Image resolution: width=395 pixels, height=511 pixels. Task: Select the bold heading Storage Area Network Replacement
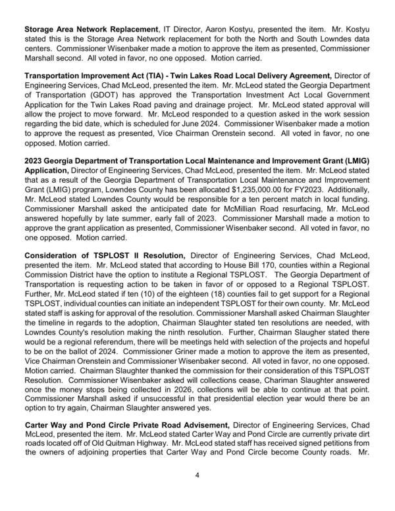91,30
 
